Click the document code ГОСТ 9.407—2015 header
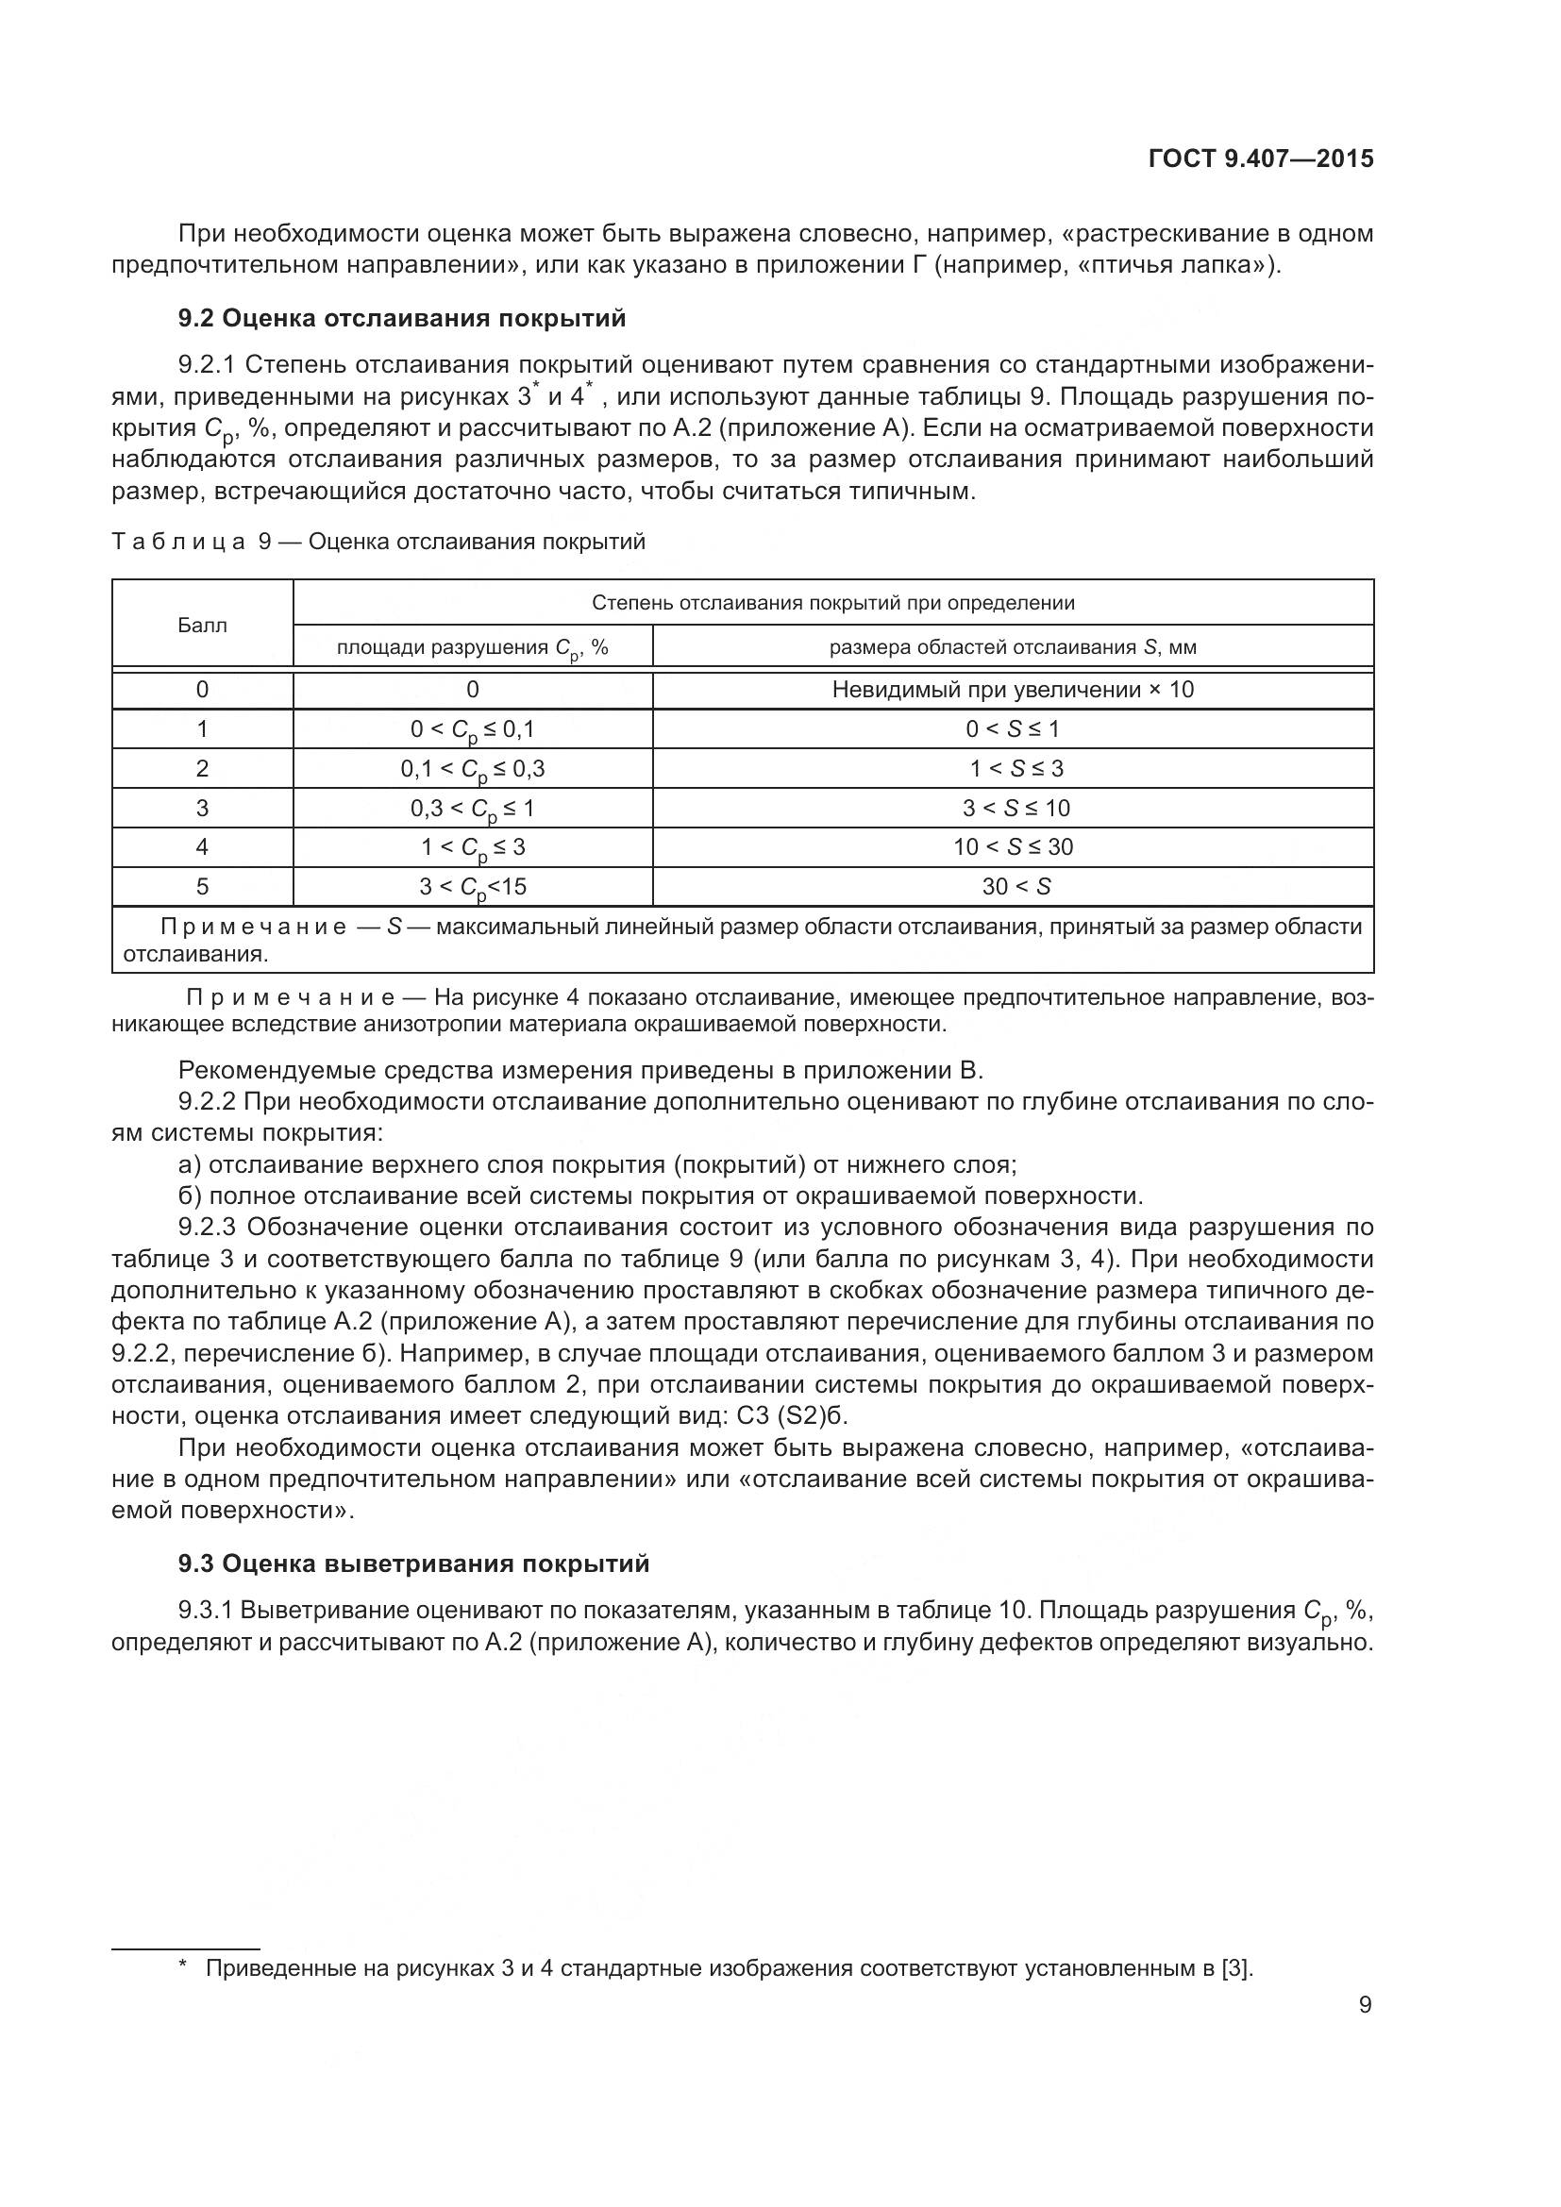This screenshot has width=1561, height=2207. pos(1260,159)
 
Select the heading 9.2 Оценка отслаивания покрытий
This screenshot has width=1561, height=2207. pos(402,318)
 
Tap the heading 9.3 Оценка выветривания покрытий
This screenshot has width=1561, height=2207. pos(413,1563)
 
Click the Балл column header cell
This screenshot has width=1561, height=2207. pos(203,626)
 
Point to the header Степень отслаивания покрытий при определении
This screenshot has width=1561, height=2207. pos(832,603)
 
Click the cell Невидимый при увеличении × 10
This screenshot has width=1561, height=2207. pos(1012,689)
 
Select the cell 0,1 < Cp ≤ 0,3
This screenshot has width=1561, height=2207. pos(472,769)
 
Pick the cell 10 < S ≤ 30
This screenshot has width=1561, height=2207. pos(1012,846)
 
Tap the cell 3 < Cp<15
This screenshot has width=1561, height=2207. pos(472,886)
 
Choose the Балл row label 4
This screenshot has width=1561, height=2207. pos(203,846)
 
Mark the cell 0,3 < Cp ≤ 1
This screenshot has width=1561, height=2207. pos(472,809)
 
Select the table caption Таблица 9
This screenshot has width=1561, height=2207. pos(378,543)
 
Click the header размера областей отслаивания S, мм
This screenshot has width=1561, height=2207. pos(1012,647)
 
